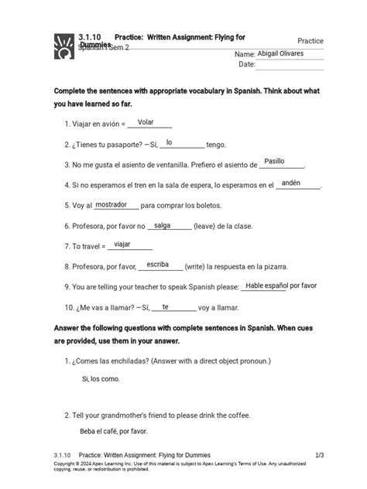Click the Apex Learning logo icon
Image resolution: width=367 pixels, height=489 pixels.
63,46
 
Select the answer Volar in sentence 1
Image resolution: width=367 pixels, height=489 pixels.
146,121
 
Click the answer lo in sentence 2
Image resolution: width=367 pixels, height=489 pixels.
169,142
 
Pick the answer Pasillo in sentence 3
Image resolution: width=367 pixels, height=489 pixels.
274,162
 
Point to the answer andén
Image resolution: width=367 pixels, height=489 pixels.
291,183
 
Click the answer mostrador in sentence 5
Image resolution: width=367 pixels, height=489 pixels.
111,204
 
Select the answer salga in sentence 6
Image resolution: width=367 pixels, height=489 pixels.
162,225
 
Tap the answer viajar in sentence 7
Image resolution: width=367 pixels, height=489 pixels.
122,244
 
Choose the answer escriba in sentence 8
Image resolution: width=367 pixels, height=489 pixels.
157,265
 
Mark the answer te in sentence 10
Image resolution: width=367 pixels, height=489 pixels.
165,306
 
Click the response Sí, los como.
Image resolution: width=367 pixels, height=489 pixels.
101,378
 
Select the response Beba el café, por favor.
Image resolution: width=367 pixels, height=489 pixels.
114,431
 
